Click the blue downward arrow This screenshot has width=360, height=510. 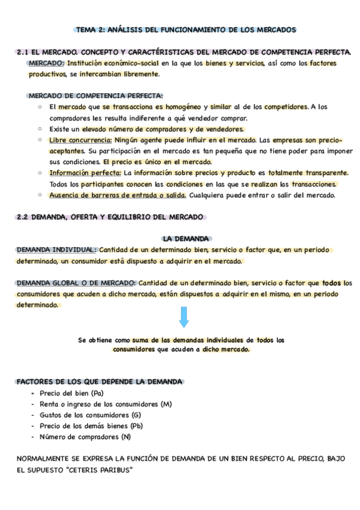pyautogui.click(x=185, y=317)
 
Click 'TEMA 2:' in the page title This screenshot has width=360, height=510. pyautogui.click(x=90, y=29)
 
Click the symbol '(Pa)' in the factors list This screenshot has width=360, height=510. pyautogui.click(x=94, y=392)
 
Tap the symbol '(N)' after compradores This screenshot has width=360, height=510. pyautogui.click(x=126, y=437)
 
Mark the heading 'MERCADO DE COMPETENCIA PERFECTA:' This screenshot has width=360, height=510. pyautogui.click(x=96, y=96)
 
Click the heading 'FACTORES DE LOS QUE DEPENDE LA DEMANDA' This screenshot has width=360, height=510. pyautogui.click(x=99, y=381)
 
